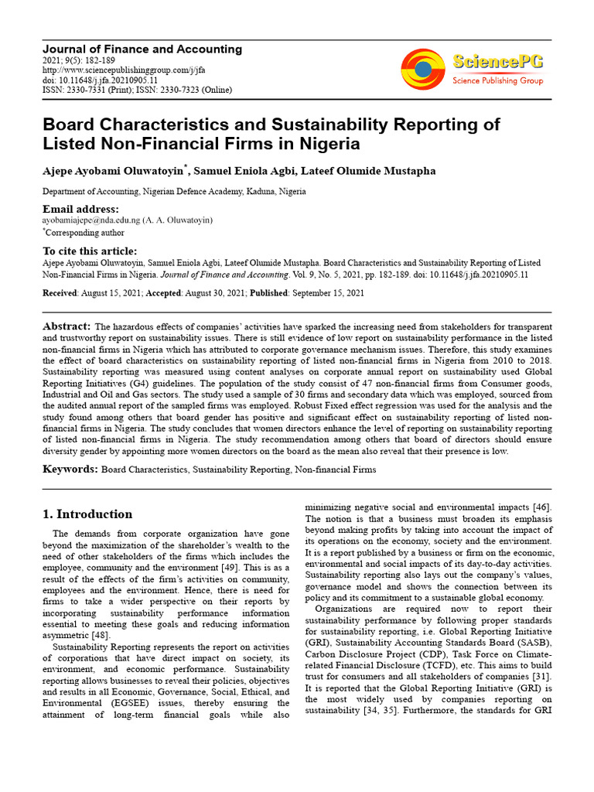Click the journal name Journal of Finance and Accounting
click(x=142, y=49)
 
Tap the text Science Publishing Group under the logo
click(x=497, y=80)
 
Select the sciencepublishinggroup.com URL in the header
click(x=124, y=70)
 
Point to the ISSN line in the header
click(x=136, y=90)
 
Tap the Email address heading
click(x=80, y=210)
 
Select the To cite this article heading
click(x=90, y=251)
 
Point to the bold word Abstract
click(x=67, y=326)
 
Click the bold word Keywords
click(x=70, y=469)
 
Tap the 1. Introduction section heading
click(x=87, y=514)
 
